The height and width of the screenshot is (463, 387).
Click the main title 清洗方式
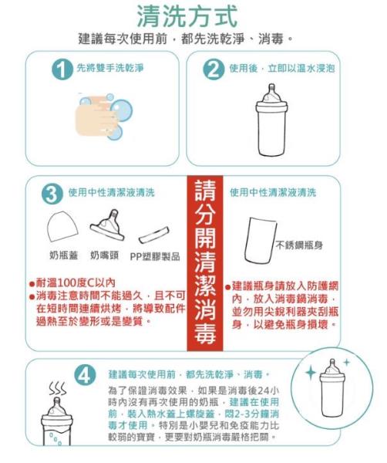click(x=187, y=16)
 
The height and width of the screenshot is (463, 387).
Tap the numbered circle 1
click(x=62, y=69)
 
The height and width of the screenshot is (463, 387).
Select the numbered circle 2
click(x=214, y=69)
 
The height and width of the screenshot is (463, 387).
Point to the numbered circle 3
click(x=52, y=194)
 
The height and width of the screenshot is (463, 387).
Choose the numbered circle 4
click(x=85, y=375)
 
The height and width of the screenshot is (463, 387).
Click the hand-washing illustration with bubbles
click(x=104, y=117)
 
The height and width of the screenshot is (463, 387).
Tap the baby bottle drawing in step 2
click(x=271, y=120)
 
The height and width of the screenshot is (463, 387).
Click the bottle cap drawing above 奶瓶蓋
click(x=62, y=226)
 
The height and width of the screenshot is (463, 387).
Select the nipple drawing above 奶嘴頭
click(x=108, y=225)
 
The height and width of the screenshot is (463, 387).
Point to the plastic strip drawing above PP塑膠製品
click(x=153, y=235)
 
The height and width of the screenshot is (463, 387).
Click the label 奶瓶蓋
click(x=63, y=255)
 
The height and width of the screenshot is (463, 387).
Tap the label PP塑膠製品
click(x=155, y=256)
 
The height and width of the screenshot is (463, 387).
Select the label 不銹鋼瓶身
click(x=299, y=245)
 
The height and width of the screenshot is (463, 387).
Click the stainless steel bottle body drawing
click(x=261, y=240)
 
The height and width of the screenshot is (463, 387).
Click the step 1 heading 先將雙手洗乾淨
click(x=110, y=68)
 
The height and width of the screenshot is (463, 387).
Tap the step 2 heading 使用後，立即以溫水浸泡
click(x=282, y=68)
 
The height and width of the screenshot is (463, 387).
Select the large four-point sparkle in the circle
click(x=311, y=373)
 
